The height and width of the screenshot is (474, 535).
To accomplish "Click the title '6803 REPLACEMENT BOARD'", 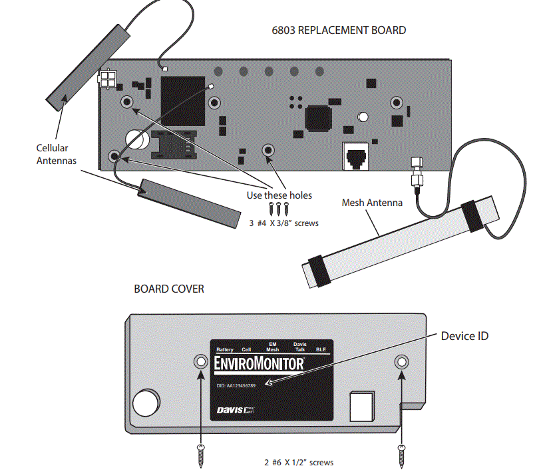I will coord(339,30).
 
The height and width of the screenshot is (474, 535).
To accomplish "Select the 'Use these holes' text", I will coord(279,195).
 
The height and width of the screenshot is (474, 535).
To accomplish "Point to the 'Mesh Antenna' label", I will coord(372,202).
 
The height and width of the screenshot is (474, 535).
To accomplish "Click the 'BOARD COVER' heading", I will coord(169,289).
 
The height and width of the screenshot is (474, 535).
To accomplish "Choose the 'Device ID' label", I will coord(464,335).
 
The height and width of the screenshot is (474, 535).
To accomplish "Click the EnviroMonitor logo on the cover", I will coord(260,364).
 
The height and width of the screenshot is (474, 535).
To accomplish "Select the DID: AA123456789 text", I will coord(237,385).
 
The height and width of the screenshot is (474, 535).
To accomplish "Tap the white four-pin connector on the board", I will coord(106,79).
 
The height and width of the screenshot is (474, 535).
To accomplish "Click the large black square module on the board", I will coord(181,98).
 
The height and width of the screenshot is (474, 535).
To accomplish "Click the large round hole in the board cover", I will coord(145,403).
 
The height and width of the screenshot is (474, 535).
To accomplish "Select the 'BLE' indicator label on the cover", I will coord(320,349).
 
